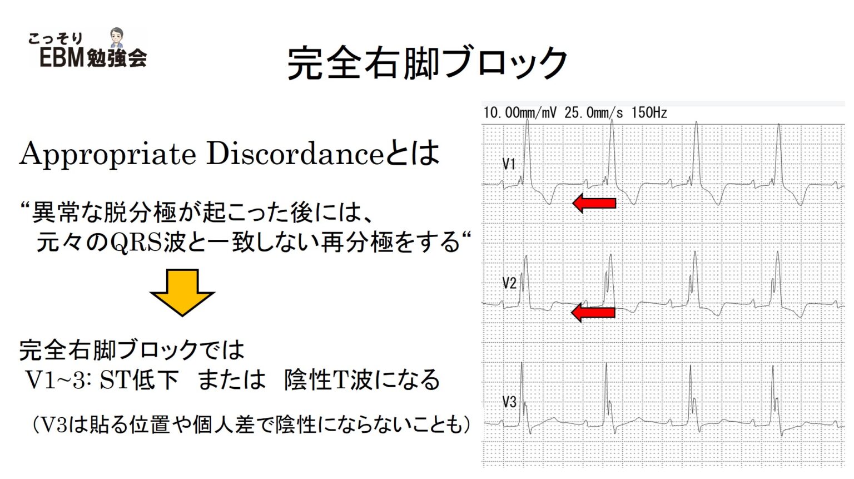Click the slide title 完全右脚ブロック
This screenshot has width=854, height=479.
pos(427,62)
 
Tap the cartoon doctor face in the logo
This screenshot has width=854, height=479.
pos(117,37)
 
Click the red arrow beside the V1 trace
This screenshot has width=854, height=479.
pos(594,203)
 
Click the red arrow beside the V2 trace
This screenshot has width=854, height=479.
pos(593,312)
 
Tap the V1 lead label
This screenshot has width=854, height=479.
pos(509,164)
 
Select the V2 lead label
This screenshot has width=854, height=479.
pos(509,283)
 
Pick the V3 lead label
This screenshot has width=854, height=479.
pos(509,402)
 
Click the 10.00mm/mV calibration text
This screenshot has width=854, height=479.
pos(519,113)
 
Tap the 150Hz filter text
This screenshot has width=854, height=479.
pos(649,113)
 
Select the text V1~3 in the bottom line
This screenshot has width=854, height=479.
pos(55,381)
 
